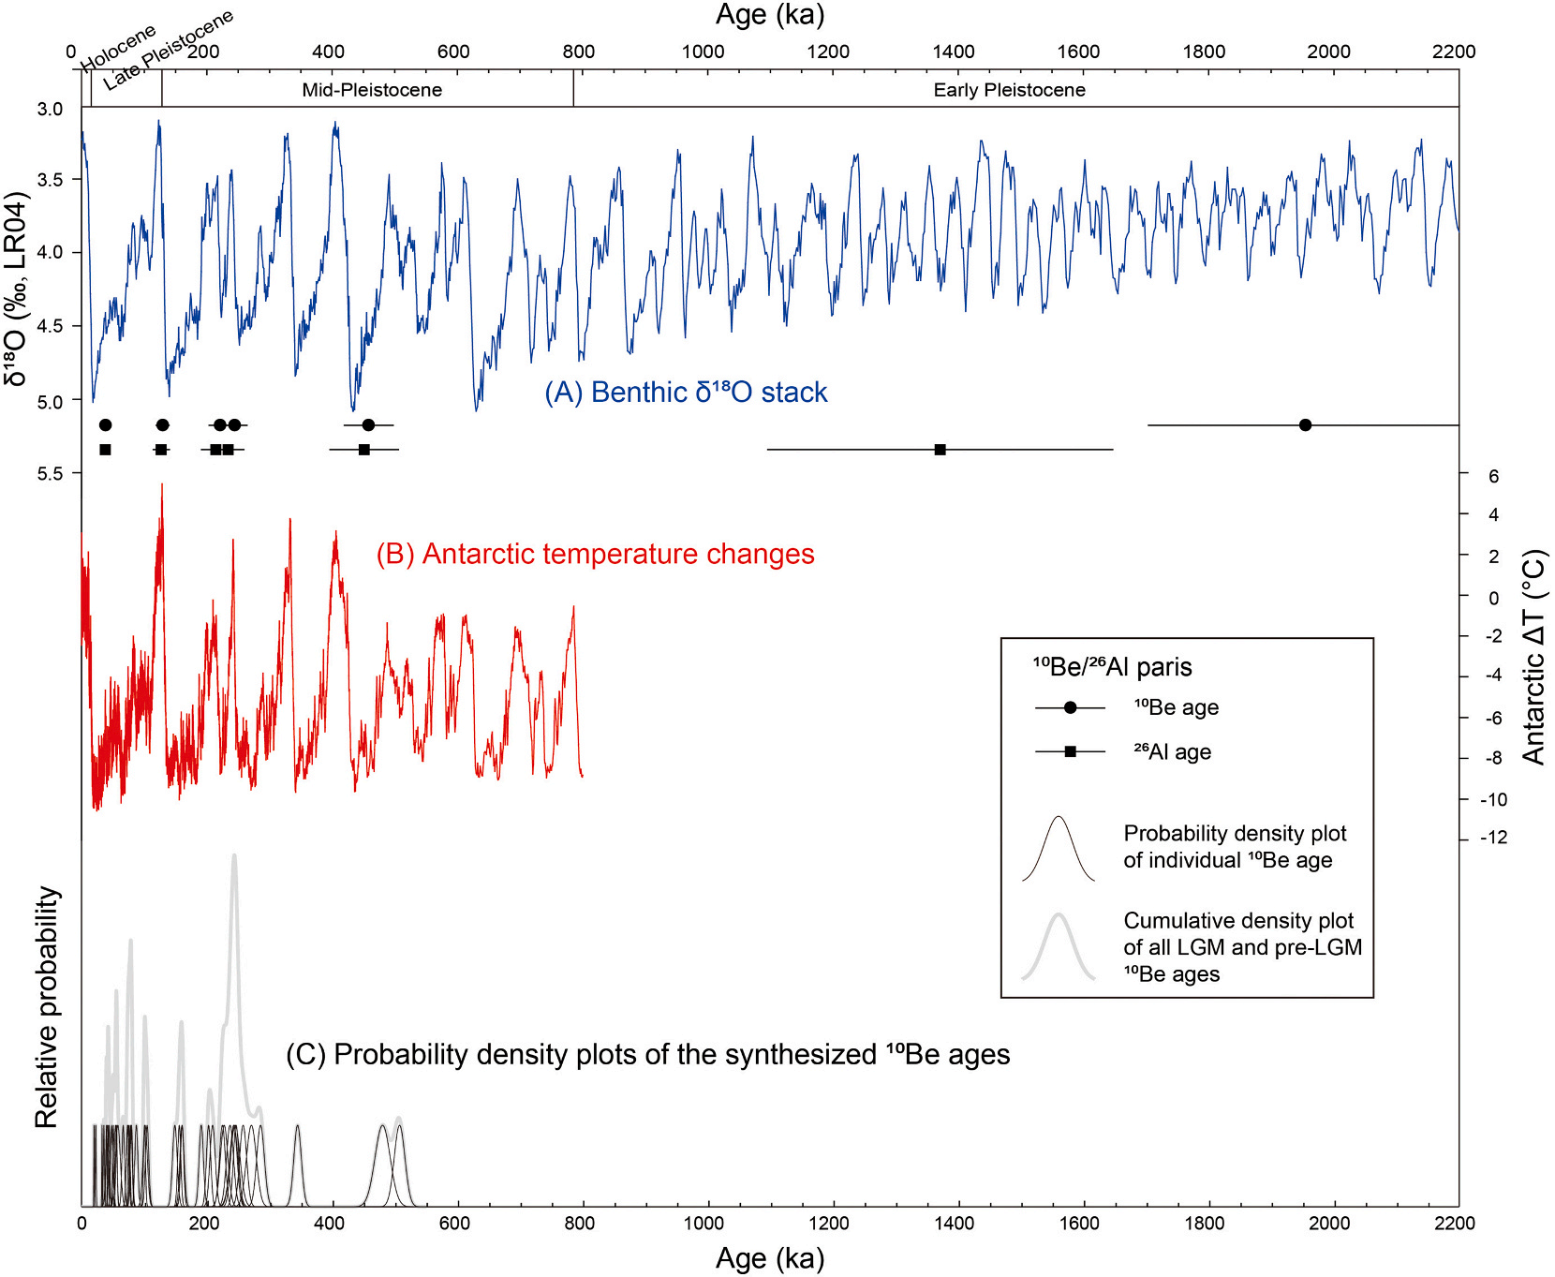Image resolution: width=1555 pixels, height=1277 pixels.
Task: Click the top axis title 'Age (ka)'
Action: coord(769,15)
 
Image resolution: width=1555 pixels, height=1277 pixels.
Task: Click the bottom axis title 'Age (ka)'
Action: coord(769,1258)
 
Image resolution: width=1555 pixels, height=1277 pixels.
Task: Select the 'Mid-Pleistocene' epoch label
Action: coord(372,90)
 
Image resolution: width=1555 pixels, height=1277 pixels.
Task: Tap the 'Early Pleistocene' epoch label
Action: coord(1009,90)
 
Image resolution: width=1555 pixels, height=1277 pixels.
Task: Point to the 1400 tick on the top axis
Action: coord(953,52)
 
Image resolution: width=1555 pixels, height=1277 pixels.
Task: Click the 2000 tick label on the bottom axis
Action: coord(1328,1223)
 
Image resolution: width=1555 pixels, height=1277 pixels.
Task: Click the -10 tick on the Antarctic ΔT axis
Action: coord(1493,799)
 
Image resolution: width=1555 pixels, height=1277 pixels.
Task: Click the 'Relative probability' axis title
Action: coord(47,1007)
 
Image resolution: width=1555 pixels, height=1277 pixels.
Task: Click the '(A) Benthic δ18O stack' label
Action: coord(686,392)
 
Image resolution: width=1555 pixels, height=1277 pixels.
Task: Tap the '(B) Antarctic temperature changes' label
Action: coord(595,554)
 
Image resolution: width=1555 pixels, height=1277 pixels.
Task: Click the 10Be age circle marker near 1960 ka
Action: coord(1305,425)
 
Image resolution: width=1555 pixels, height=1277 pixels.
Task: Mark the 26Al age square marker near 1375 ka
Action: coord(940,450)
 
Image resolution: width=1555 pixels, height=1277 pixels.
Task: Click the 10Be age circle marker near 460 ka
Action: coord(368,425)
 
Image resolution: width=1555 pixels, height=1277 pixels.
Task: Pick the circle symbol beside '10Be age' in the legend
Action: coord(1070,707)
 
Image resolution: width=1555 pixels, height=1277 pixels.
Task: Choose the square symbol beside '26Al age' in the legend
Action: coord(1070,751)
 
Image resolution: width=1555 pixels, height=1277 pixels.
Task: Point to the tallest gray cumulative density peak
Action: coord(233,856)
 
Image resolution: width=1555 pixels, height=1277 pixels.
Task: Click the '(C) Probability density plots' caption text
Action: coord(647,1055)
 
